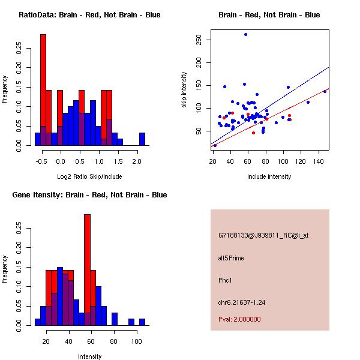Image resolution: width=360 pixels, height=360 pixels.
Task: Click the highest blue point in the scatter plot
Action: (x=245, y=34)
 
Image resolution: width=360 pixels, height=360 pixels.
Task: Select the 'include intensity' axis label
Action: (x=269, y=176)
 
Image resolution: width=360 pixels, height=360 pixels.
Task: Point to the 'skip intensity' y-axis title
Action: (x=184, y=90)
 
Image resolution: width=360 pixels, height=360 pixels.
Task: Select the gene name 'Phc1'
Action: (x=226, y=280)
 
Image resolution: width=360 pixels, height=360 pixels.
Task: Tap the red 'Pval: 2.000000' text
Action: (x=239, y=319)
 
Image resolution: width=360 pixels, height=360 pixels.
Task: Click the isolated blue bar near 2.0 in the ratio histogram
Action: (x=142, y=139)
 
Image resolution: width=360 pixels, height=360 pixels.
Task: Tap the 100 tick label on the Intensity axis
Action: (x=136, y=341)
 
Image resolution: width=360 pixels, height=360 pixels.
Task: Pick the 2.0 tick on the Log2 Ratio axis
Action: (x=137, y=161)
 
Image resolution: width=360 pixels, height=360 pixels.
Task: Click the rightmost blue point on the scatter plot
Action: (x=325, y=91)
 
